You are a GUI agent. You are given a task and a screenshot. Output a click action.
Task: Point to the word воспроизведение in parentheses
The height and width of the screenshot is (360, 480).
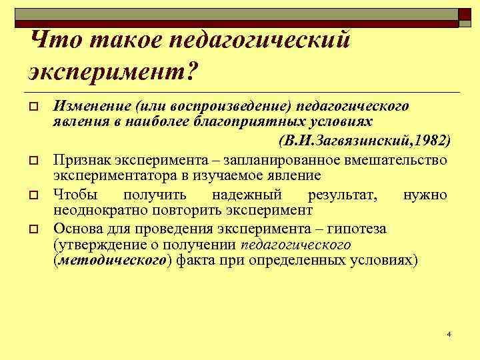(x=220, y=107)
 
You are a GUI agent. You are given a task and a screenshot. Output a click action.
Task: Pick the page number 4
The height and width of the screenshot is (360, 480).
(x=449, y=333)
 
